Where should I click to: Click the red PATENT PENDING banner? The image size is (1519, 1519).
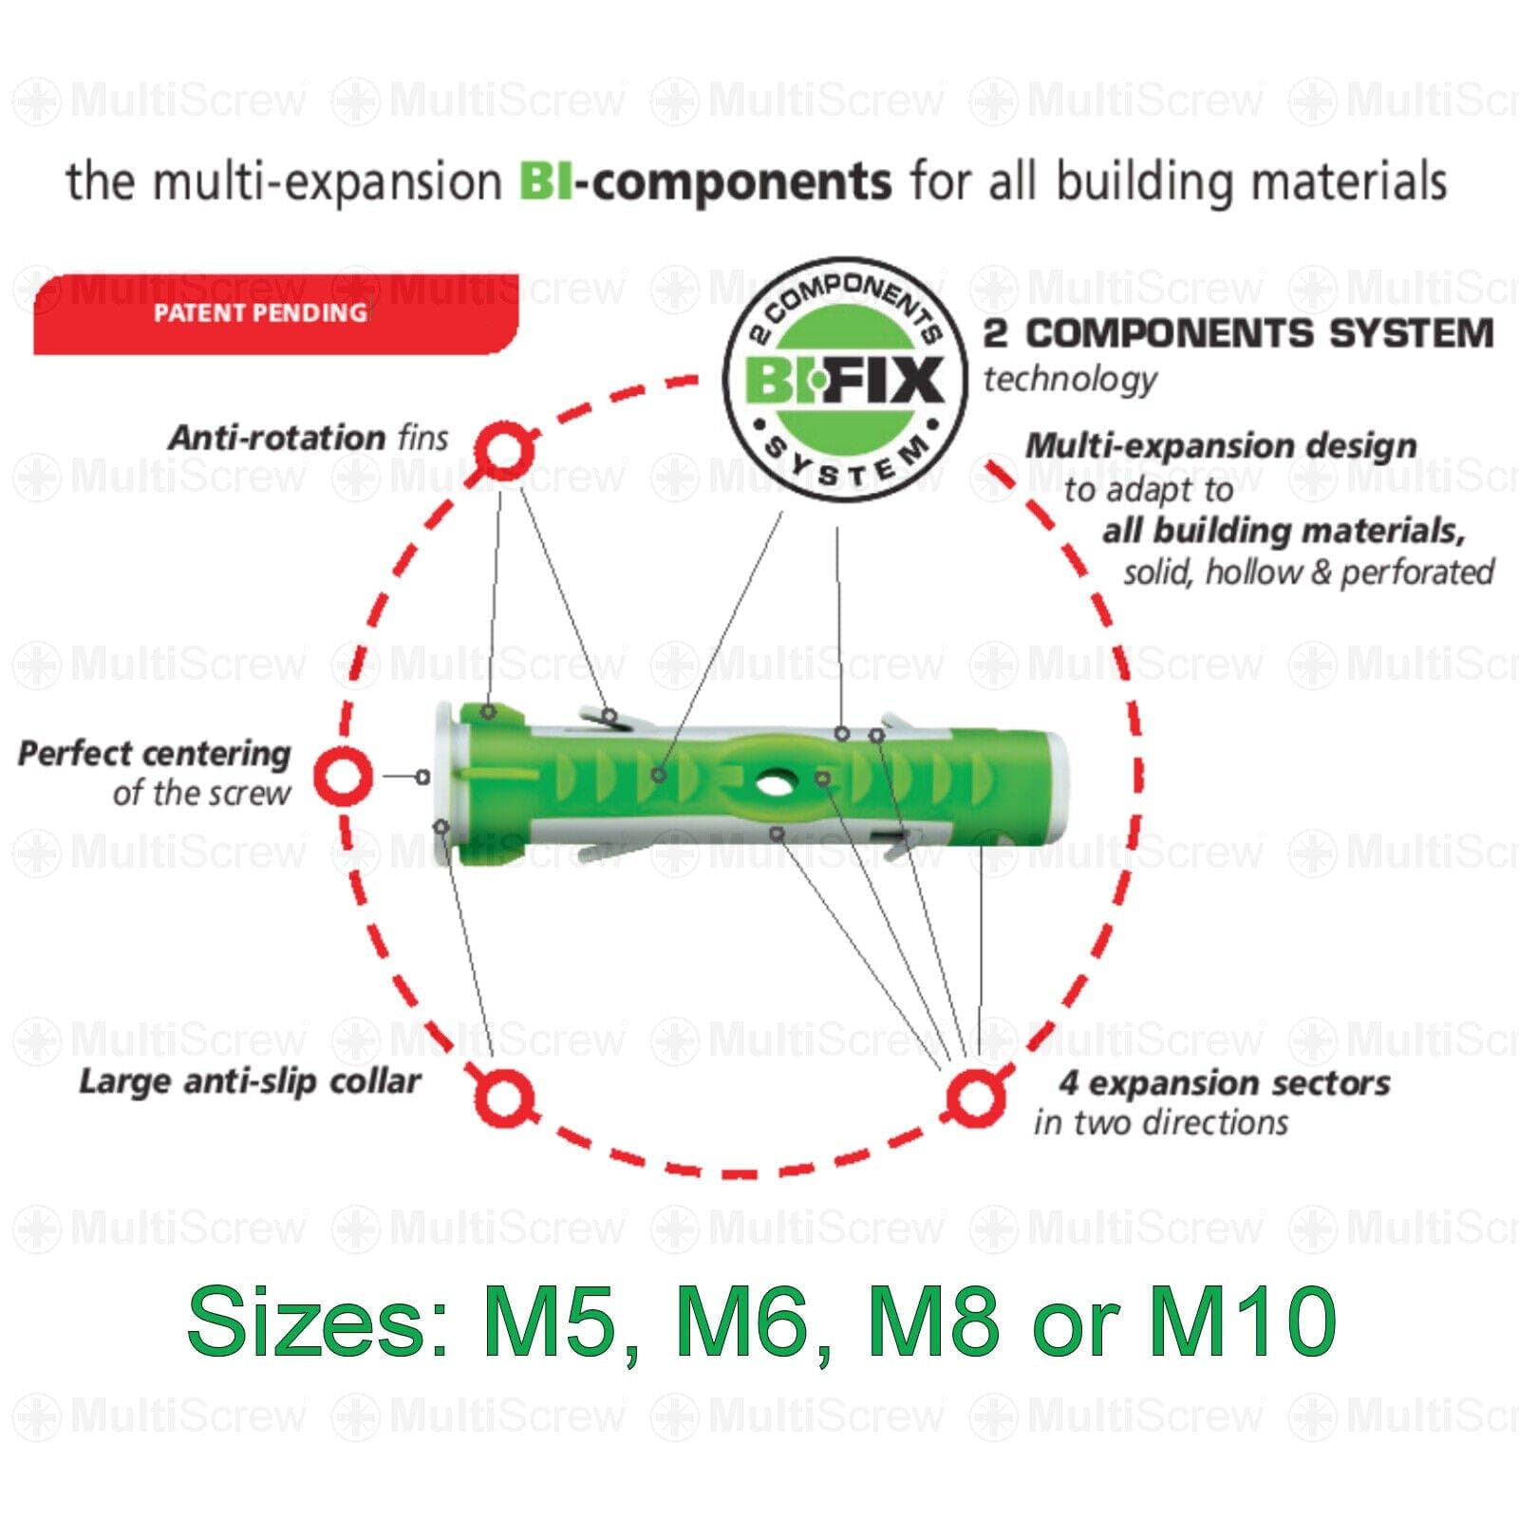(x=275, y=314)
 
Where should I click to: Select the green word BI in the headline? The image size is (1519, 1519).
(x=546, y=180)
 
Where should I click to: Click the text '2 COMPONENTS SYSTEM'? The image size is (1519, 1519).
(x=1238, y=333)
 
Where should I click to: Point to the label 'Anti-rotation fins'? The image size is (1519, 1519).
(x=309, y=438)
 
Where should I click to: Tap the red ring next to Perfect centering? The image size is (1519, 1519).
(x=344, y=776)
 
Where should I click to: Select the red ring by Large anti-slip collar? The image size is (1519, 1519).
(x=503, y=1097)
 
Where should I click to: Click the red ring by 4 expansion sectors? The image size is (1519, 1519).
(x=975, y=1097)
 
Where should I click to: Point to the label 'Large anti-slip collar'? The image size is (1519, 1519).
(x=250, y=1081)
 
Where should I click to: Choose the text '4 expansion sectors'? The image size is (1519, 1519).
(x=1225, y=1083)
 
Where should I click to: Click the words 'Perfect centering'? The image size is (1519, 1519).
(x=154, y=754)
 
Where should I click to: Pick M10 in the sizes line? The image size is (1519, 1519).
(x=1244, y=1321)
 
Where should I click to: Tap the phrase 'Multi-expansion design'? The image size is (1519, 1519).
(x=1222, y=445)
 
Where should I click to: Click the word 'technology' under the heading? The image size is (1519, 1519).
(x=1070, y=380)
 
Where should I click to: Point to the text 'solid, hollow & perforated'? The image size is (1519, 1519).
(x=1308, y=572)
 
